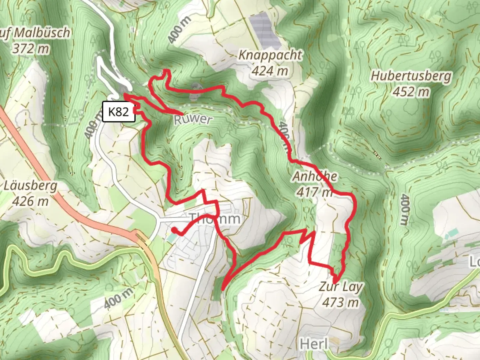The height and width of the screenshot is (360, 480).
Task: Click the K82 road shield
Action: coord(118,112)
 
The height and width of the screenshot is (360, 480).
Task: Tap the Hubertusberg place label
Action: coord(411,76)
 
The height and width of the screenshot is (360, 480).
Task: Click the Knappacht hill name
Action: coord(270,55)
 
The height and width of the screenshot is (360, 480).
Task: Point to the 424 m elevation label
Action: coord(270,71)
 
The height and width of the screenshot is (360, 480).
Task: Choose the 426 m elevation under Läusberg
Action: coord(30,201)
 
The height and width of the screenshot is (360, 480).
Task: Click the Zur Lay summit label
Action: coord(340,287)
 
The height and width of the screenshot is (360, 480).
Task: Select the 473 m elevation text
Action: coord(340,302)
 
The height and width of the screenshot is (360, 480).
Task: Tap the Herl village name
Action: coord(314,344)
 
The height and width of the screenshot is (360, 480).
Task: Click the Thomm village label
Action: coord(215,219)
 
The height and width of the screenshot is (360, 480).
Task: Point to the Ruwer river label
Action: coord(193,119)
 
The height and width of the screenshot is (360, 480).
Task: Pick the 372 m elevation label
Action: coord(31,49)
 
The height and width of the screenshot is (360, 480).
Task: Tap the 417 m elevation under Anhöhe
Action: coord(314,192)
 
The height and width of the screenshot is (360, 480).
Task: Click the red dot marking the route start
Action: coord(174,230)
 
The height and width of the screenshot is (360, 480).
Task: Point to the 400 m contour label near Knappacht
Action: coord(180,29)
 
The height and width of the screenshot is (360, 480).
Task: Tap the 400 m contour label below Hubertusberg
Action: coord(402,209)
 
